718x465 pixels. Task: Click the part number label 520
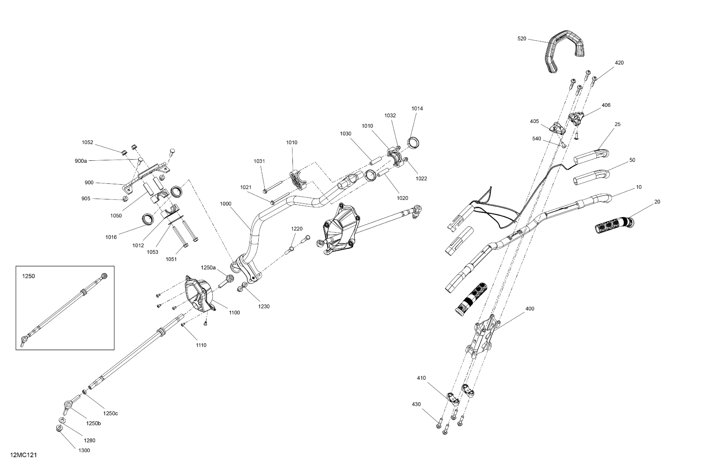point(522,39)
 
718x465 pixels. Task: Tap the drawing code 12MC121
point(24,455)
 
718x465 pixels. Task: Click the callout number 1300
point(84,450)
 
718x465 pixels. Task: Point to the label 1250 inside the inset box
point(29,276)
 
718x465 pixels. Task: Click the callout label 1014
point(417,109)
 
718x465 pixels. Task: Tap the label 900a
point(81,161)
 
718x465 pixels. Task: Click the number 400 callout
point(530,309)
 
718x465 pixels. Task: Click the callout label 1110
point(201,345)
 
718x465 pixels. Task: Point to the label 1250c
point(110,414)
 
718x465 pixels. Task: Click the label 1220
point(297,229)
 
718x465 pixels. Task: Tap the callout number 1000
point(226,204)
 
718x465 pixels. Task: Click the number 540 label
point(536,139)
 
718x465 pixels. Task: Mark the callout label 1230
point(264,306)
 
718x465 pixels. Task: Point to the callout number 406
point(606,105)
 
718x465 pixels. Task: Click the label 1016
point(111,237)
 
